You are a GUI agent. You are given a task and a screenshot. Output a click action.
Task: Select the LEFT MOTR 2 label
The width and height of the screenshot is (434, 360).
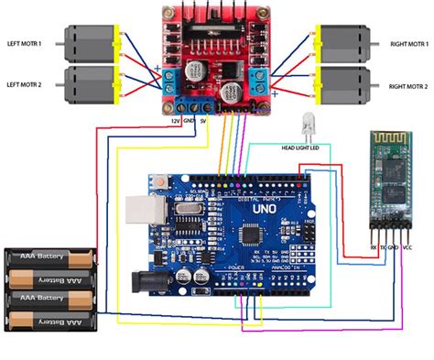(30, 85)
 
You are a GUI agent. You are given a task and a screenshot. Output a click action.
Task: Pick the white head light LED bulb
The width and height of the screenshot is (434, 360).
(306, 123)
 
